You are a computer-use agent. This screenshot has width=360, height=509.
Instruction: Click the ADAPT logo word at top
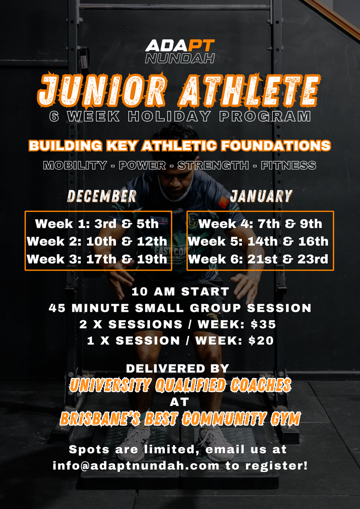coord(180,45)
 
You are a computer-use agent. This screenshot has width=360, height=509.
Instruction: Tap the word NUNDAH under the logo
coord(180,58)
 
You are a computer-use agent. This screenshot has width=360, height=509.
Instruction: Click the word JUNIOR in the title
coord(101,90)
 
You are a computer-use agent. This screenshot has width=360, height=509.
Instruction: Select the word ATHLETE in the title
coord(250,90)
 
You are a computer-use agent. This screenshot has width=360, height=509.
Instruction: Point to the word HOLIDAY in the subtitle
coord(169,116)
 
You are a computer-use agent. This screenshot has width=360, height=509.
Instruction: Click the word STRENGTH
coord(213,165)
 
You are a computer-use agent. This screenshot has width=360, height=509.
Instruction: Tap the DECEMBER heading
coord(101,196)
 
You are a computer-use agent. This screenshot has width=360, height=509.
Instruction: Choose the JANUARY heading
coord(261,196)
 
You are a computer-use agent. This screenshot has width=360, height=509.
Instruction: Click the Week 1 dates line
coord(97,224)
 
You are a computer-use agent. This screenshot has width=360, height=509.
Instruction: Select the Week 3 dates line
coord(97,259)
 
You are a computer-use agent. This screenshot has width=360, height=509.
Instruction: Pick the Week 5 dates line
coord(258,241)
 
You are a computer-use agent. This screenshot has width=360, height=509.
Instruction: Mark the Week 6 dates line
coord(258,259)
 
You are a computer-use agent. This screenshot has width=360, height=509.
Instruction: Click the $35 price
coord(263,324)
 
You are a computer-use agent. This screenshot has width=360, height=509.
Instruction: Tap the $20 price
coord(261,341)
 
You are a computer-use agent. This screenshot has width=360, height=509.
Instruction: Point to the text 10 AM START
coord(180,291)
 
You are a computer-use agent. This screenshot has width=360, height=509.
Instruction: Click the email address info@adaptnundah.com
coord(136,466)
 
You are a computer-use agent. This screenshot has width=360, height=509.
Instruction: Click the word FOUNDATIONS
coord(276,145)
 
